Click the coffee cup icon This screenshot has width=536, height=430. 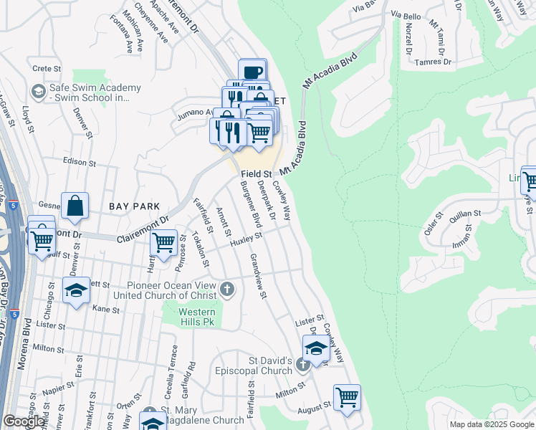pos(252,72)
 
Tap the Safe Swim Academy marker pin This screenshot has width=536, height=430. pos(38,92)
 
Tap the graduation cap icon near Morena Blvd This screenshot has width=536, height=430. pos(76,290)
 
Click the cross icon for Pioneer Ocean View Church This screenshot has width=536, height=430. pos(226,290)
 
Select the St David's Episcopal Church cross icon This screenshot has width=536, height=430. pos(302,365)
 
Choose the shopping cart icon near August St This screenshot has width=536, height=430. pos(347,396)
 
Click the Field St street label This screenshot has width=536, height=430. pos(256,174)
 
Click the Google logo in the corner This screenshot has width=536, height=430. pos(24,421)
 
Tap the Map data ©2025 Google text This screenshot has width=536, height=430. pos(491,424)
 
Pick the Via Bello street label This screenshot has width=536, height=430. pos(406,15)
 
